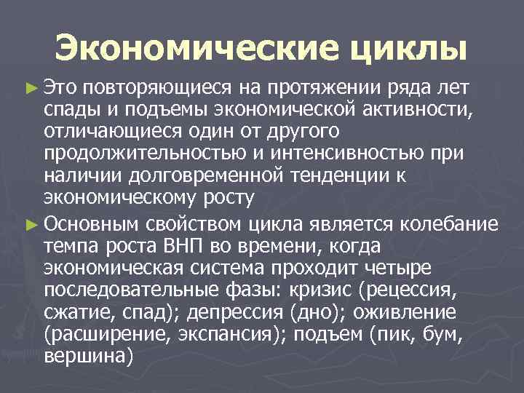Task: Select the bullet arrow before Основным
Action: coord(30,223)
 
